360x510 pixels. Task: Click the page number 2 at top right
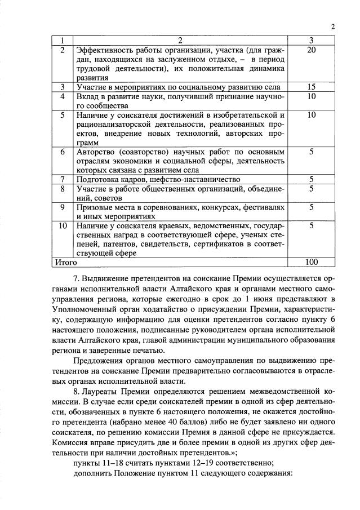click(333, 26)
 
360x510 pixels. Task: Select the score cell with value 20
click(312, 51)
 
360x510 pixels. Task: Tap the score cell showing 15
click(312, 87)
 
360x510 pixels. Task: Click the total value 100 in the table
click(312, 262)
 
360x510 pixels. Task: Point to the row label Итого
click(65, 262)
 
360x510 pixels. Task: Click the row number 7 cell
click(63, 179)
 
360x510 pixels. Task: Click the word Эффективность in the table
click(105, 51)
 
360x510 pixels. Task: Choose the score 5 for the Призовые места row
click(312, 207)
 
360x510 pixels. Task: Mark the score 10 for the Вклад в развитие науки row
click(312, 96)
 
